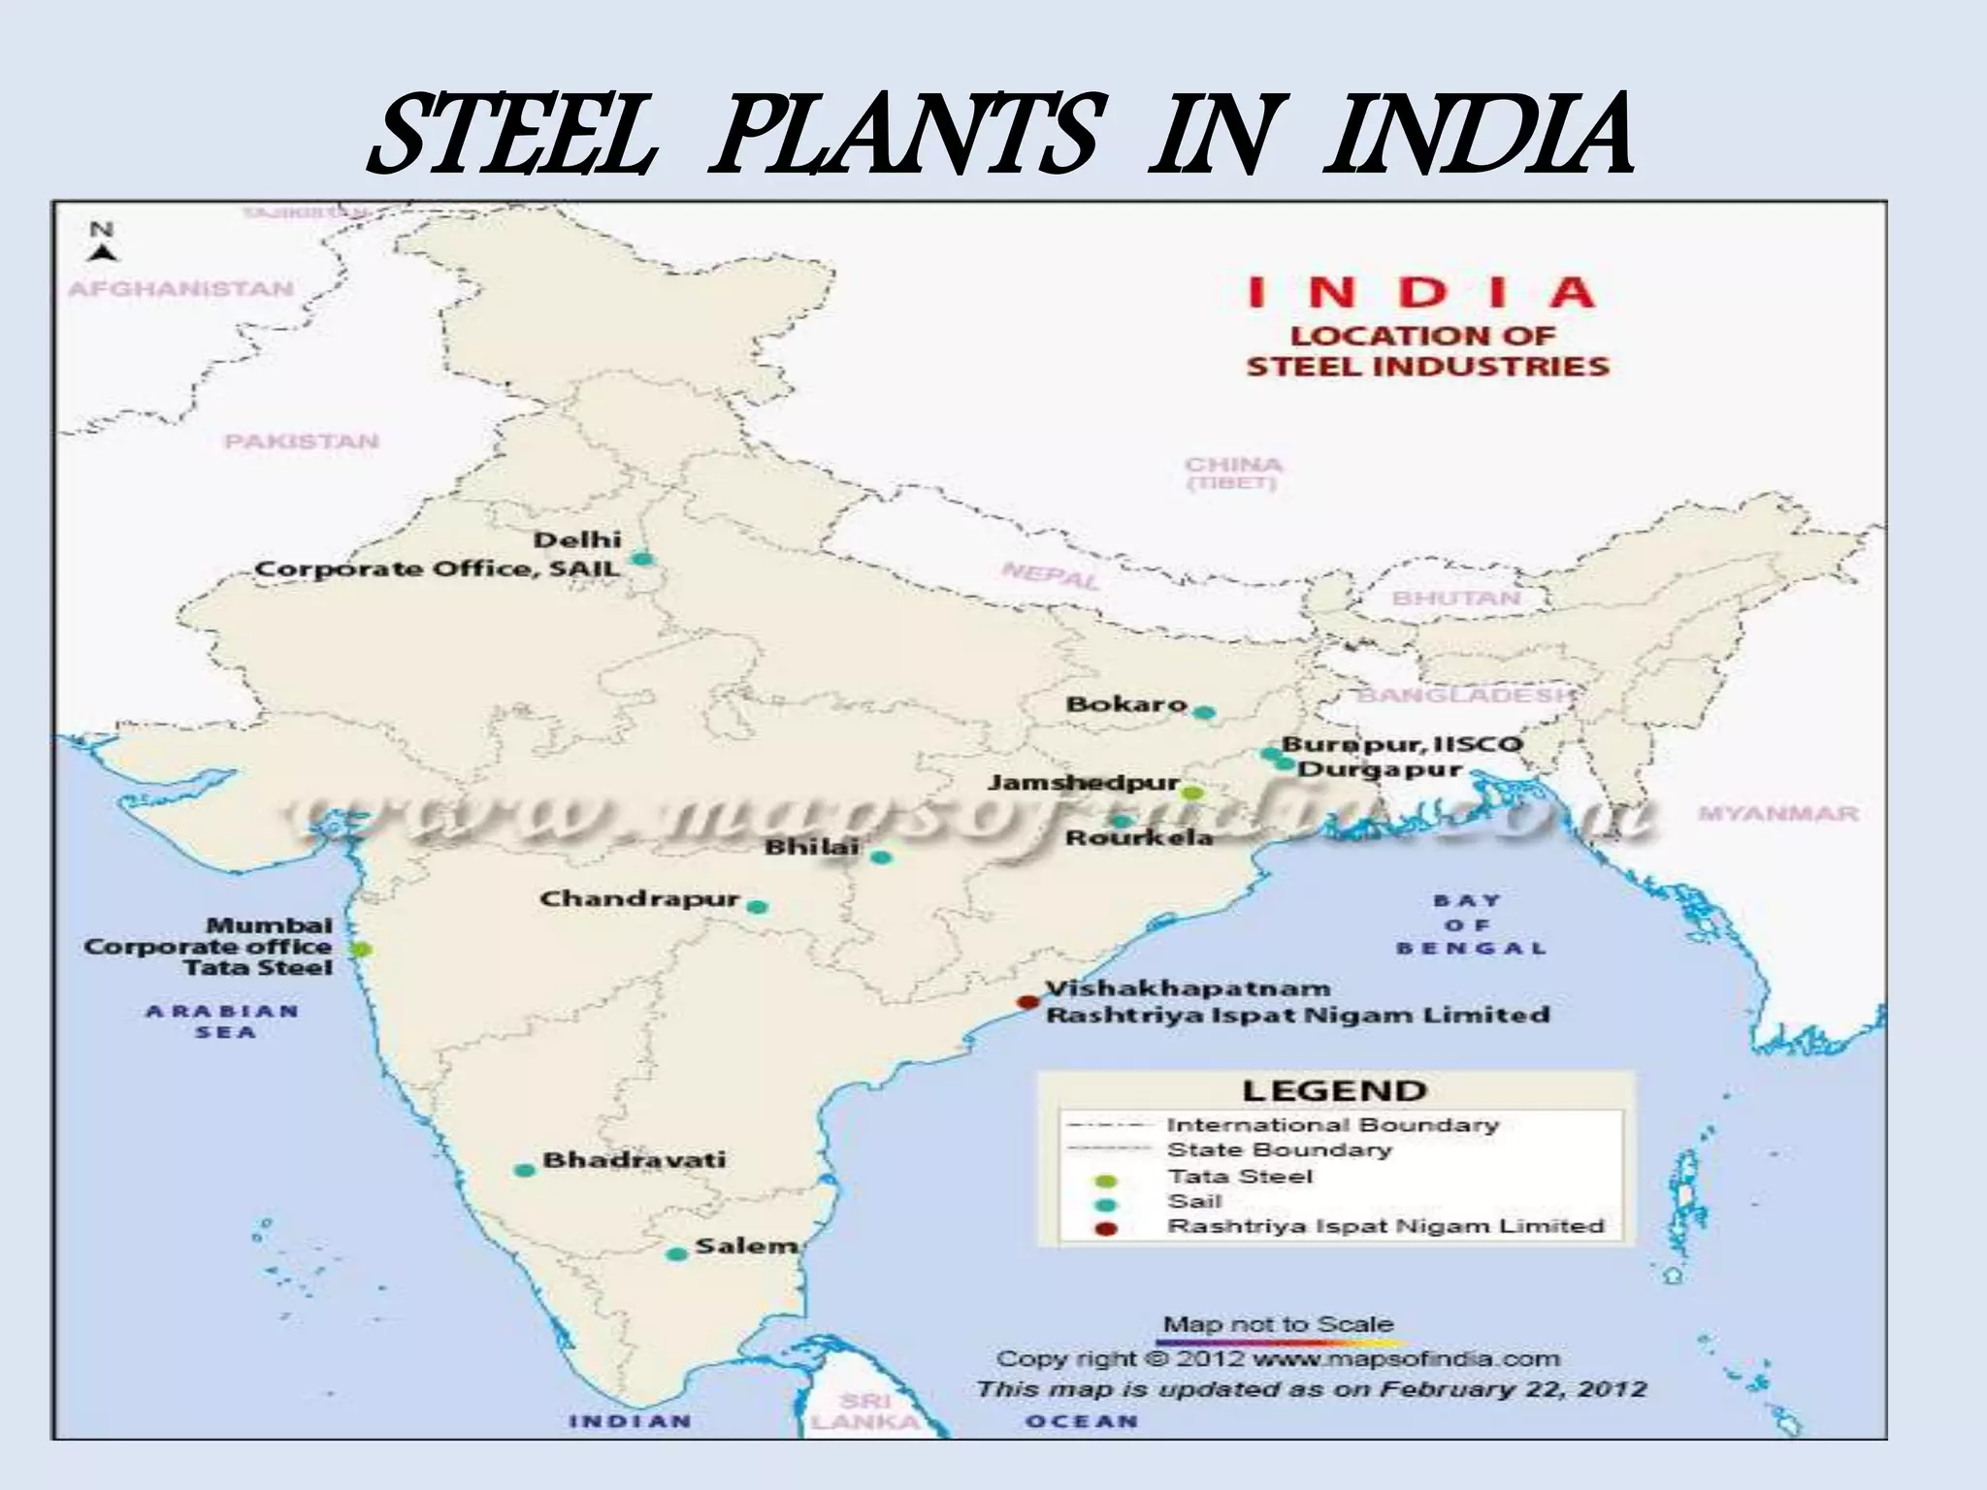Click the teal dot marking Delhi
click(x=640, y=559)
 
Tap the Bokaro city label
click(x=1126, y=703)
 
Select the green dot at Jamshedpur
click(x=1192, y=793)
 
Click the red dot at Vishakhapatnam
click(x=1026, y=1002)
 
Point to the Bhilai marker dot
click(x=880, y=857)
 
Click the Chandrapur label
click(x=639, y=898)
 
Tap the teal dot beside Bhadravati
click(x=524, y=1170)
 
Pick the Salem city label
click(x=746, y=1246)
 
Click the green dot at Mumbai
click(x=360, y=949)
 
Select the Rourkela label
click(x=1139, y=837)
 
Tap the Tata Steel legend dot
click(x=1107, y=1181)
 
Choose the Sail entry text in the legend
click(x=1194, y=1201)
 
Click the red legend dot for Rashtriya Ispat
click(x=1107, y=1229)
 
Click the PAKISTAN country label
click(x=302, y=441)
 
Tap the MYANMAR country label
click(x=1778, y=814)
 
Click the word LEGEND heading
click(x=1334, y=1090)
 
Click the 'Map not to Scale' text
click(x=1278, y=1324)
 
